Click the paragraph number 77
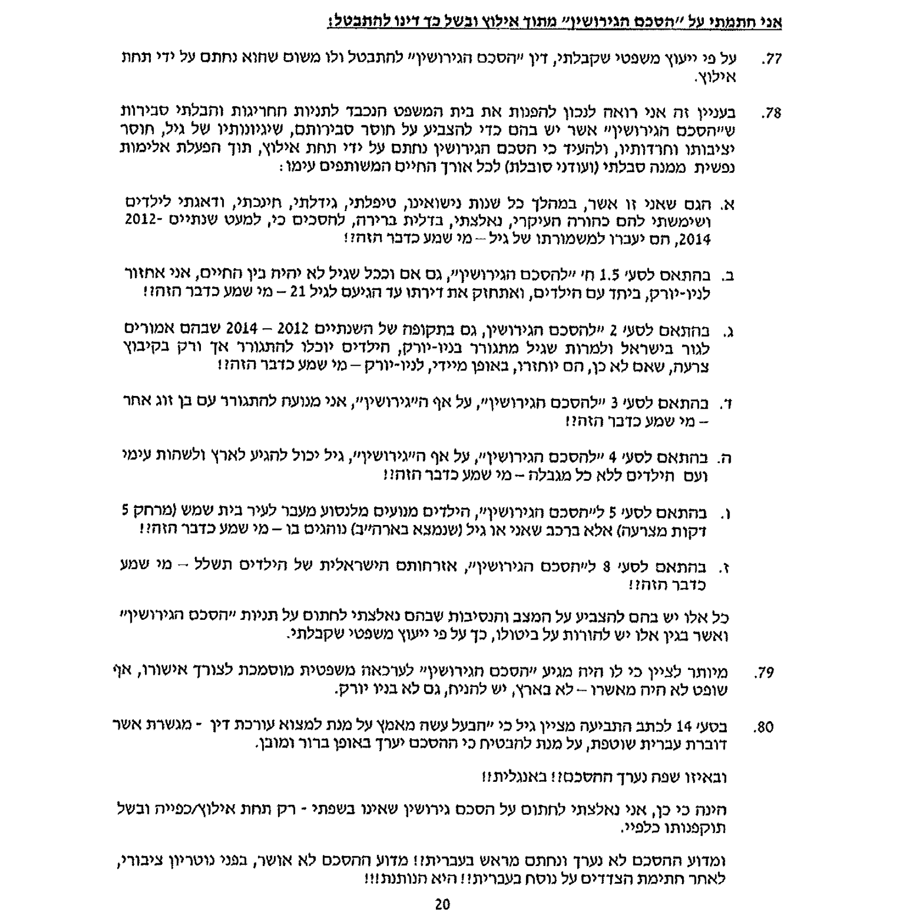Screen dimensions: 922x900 (771, 60)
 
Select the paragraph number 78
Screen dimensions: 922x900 (771, 114)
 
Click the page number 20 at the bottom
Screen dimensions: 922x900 (442, 904)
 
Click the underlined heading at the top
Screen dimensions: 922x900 (555, 23)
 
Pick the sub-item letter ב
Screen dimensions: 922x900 (726, 276)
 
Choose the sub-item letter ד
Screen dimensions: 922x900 (727, 404)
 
